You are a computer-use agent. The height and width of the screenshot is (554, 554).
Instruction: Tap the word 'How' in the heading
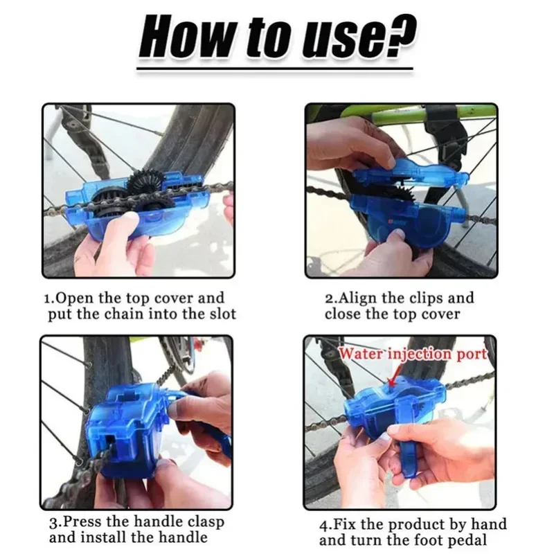pyautogui.click(x=184, y=37)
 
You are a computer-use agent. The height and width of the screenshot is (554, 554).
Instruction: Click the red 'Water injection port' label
pyautogui.click(x=413, y=354)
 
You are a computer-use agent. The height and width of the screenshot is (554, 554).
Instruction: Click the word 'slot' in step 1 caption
pyautogui.click(x=220, y=314)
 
